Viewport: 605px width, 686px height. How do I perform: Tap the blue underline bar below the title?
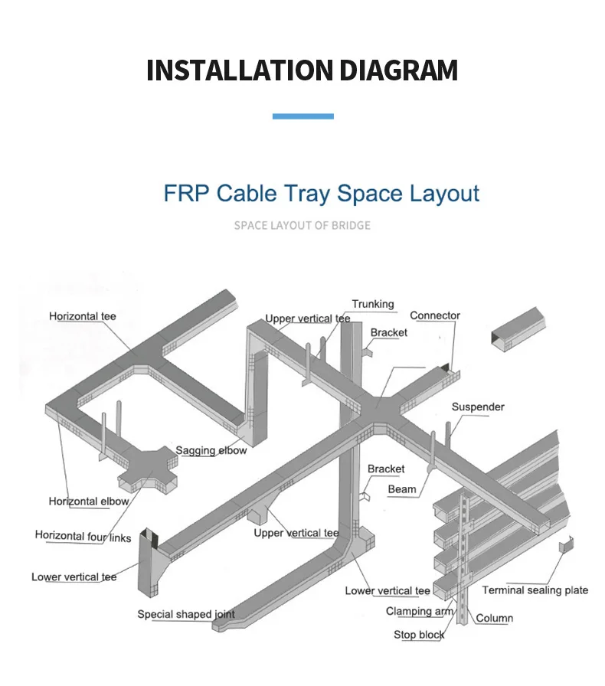tap(302, 116)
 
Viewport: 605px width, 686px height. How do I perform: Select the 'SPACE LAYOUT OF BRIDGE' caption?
tap(302, 225)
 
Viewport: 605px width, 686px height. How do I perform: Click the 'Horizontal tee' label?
tap(83, 316)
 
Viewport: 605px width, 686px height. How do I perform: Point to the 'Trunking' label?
tap(373, 304)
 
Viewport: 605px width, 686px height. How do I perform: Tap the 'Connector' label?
tap(435, 315)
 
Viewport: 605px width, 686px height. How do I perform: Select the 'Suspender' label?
tap(478, 407)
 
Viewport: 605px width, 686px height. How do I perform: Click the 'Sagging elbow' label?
tap(211, 450)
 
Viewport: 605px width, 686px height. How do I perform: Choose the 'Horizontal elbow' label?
tap(89, 501)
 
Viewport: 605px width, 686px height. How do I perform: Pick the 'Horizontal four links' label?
tap(83, 536)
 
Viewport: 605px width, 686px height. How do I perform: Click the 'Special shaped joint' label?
tap(186, 614)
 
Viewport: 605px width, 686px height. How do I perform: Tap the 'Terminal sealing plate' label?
tap(535, 590)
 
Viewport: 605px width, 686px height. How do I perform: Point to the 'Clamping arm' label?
tap(420, 611)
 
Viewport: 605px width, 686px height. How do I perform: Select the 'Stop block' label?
tap(419, 635)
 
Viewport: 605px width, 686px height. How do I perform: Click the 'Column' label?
tap(495, 618)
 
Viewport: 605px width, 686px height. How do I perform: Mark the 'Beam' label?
tap(402, 489)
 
